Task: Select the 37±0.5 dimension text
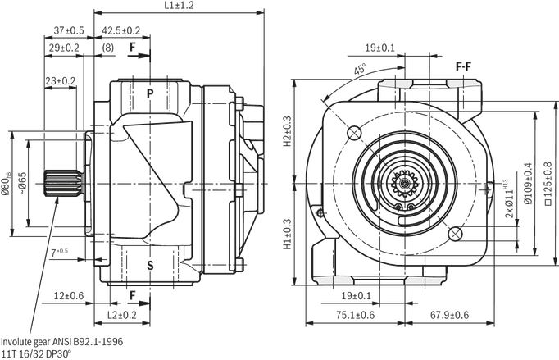pyautogui.click(x=69, y=30)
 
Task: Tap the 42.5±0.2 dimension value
pyautogui.click(x=121, y=30)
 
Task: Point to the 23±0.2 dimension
pyautogui.click(x=61, y=81)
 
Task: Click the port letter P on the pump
pyautogui.click(x=150, y=93)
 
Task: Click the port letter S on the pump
pyautogui.click(x=150, y=265)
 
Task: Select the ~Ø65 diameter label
pyautogui.click(x=22, y=184)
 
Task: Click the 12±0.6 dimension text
pyautogui.click(x=69, y=296)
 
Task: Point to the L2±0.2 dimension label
pyautogui.click(x=122, y=315)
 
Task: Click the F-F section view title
pyautogui.click(x=463, y=66)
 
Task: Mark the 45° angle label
pyautogui.click(x=360, y=69)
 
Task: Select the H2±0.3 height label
pyautogui.click(x=288, y=132)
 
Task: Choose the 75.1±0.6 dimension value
pyautogui.click(x=356, y=315)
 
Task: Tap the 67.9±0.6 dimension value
pyautogui.click(x=449, y=315)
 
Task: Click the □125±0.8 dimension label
pyautogui.click(x=548, y=184)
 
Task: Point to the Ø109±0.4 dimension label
pyautogui.click(x=529, y=184)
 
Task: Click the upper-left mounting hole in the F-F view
pyautogui.click(x=354, y=133)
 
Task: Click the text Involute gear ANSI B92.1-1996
pyautogui.click(x=62, y=342)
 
